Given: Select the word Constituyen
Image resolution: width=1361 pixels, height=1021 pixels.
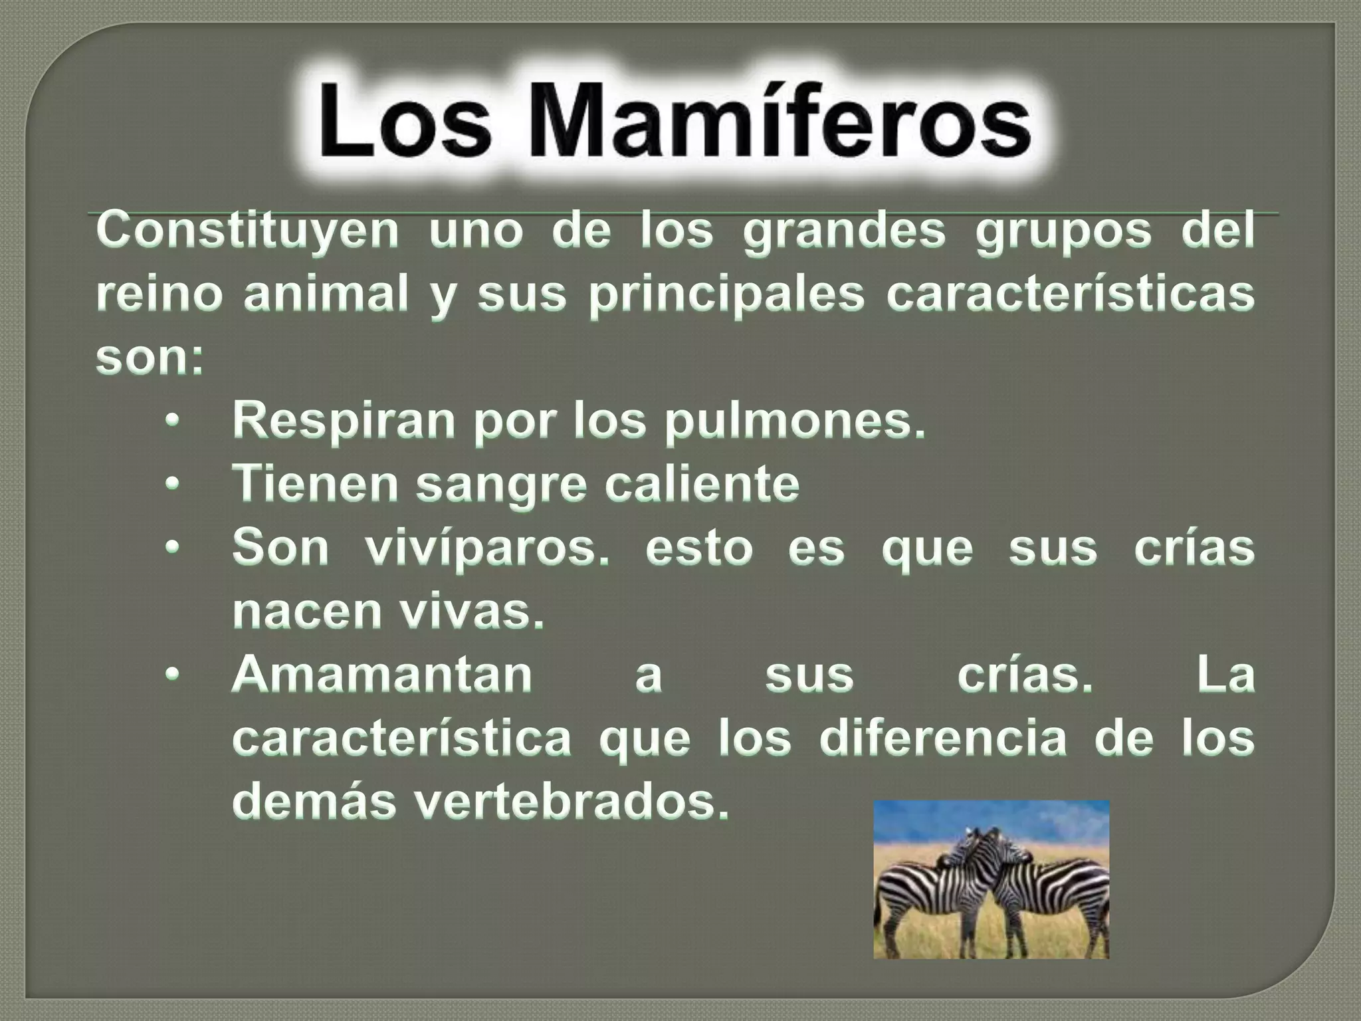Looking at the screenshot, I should click(248, 231).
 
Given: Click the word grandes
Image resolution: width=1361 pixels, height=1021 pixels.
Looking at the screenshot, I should click(844, 231).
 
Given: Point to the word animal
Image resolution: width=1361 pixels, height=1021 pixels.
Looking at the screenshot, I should click(325, 294).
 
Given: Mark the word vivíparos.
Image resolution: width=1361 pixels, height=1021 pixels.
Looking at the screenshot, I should click(487, 548).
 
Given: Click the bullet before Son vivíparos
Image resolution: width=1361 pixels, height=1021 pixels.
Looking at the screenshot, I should click(172, 548).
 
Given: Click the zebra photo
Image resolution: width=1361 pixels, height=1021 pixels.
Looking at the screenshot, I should click(991, 879).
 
